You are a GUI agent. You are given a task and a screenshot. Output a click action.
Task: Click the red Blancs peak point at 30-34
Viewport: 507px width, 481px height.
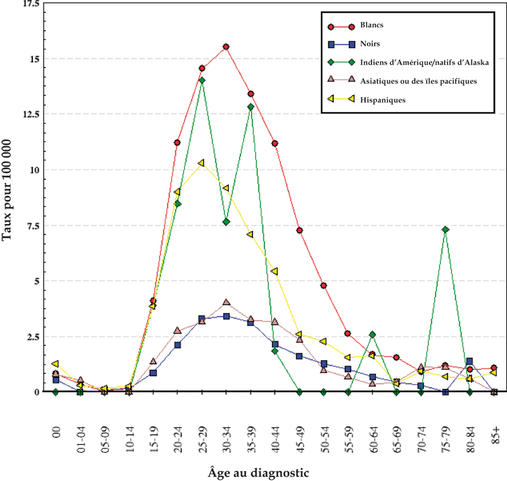(226, 47)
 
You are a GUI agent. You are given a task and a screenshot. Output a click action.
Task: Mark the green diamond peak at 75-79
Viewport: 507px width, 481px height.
(445, 229)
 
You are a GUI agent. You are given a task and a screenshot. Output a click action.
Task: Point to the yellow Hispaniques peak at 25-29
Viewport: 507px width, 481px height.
(201, 163)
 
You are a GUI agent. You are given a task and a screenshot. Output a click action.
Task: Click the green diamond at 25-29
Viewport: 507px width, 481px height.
(201, 81)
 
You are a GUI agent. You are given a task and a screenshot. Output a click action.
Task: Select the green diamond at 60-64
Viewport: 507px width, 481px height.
(372, 334)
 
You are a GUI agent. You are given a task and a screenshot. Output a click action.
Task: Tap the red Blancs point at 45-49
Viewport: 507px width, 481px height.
(299, 231)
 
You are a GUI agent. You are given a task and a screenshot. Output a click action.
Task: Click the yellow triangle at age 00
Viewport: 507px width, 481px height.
(55, 364)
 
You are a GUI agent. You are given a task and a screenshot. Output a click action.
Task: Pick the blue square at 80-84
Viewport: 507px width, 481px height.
(469, 362)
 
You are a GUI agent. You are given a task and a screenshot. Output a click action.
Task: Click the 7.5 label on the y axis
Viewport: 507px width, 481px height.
(31, 225)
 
